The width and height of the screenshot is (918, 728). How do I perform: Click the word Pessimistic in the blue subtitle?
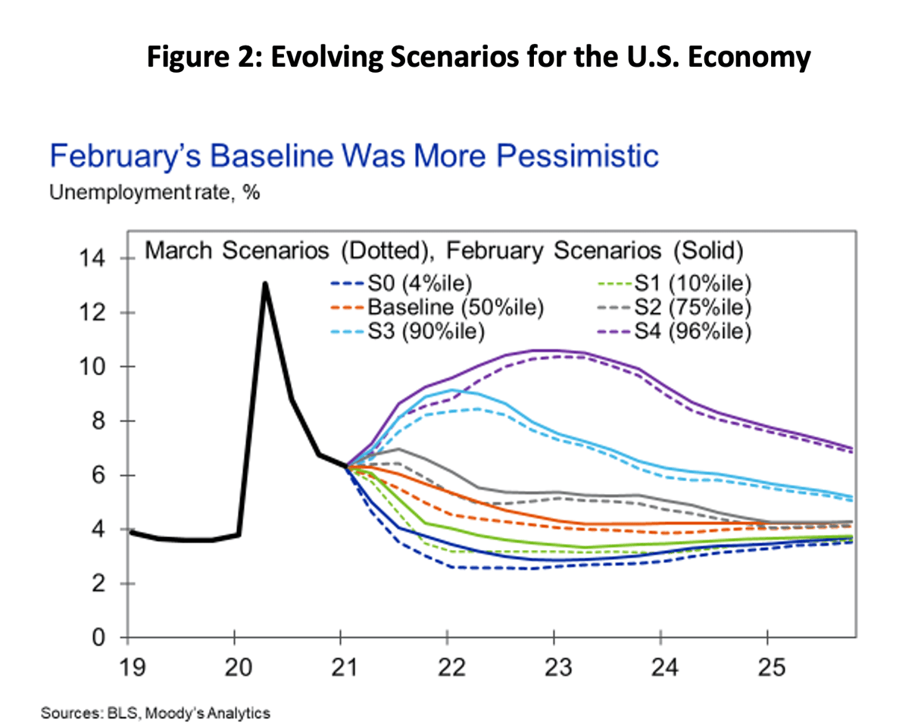pyautogui.click(x=561, y=157)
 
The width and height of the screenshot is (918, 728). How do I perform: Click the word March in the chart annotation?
pyautogui.click(x=176, y=250)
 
